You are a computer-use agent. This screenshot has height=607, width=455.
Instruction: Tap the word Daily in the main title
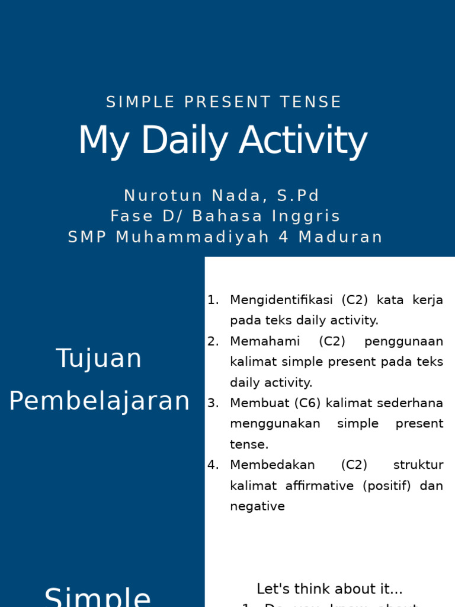pyautogui.click(x=184, y=141)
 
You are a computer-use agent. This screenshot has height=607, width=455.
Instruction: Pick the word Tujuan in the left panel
pyautogui.click(x=99, y=359)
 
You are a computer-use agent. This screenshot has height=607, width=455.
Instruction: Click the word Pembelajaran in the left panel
pyautogui.click(x=100, y=401)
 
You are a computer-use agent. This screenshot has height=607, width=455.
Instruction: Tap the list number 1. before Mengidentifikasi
pyautogui.click(x=213, y=300)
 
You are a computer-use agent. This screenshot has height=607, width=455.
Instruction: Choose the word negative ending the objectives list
pyautogui.click(x=257, y=506)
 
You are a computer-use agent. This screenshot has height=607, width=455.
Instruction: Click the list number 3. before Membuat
pyautogui.click(x=213, y=403)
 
